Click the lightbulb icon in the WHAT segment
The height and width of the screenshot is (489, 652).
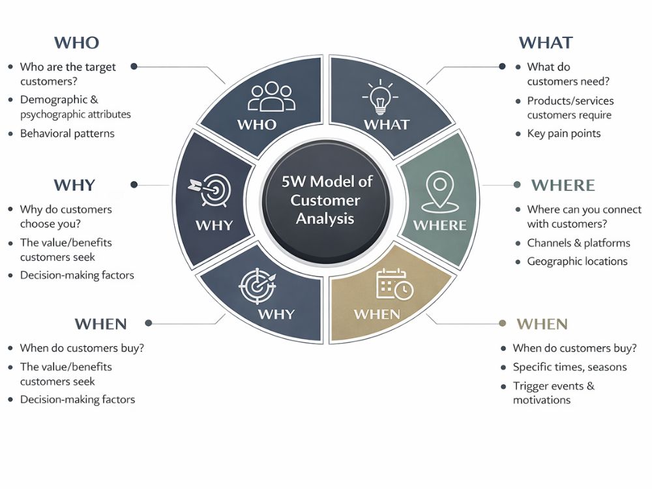[380, 96]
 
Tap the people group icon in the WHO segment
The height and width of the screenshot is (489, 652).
[271, 96]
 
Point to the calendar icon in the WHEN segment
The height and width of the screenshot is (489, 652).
[394, 284]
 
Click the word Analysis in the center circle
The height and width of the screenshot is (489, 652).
[325, 218]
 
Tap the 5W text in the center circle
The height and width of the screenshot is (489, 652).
[294, 181]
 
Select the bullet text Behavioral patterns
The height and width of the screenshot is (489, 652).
[67, 134]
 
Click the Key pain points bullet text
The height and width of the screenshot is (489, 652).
[564, 134]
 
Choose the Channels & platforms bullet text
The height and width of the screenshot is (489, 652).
[578, 243]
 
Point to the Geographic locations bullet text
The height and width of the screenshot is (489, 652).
[577, 261]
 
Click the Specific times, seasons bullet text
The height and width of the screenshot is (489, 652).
[570, 366]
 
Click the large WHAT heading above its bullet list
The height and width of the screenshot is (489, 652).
[546, 42]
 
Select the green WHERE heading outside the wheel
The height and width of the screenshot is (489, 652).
[563, 185]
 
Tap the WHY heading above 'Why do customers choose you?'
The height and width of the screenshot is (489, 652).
[74, 185]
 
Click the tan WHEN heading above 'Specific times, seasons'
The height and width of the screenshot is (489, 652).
[542, 324]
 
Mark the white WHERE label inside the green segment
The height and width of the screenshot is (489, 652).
[439, 226]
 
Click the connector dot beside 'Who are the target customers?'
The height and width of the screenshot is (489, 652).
[134, 66]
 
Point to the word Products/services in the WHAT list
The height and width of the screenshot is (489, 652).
[570, 101]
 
